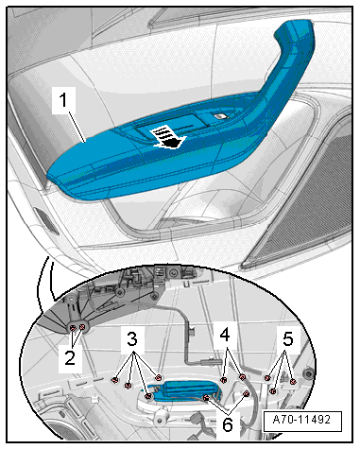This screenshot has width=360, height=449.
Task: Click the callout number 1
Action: (63, 100)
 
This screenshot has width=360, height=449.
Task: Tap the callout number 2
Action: (70, 357)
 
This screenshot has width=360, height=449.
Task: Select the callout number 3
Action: (132, 339)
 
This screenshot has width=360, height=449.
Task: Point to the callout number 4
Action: (225, 335)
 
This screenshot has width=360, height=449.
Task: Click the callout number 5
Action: (288, 339)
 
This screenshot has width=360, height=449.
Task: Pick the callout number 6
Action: (228, 424)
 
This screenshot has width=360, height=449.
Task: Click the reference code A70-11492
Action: (301, 420)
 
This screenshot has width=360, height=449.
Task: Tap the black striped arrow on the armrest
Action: (167, 138)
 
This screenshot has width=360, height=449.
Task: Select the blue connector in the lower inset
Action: (186, 389)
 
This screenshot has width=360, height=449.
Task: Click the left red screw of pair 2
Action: (73, 328)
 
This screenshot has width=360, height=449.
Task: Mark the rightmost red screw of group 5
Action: (293, 382)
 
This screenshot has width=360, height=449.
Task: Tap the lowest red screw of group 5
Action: (273, 391)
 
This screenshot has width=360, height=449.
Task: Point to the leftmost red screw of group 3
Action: (114, 380)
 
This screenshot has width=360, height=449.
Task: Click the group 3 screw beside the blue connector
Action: (147, 396)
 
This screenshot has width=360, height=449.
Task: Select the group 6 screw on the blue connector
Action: (206, 397)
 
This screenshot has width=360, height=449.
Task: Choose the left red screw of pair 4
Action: (224, 380)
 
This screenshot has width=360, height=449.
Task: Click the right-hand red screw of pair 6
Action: (247, 393)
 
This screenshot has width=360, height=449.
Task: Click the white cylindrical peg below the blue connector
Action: (163, 418)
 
